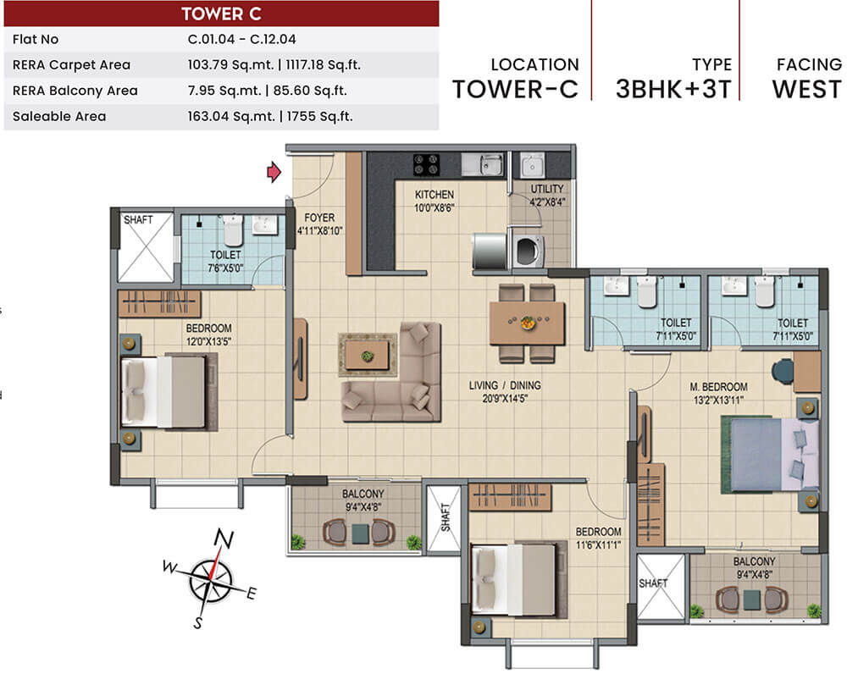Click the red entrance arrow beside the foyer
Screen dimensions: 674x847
(274, 173)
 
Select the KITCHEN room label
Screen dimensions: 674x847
(434, 195)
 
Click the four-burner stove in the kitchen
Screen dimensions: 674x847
(426, 163)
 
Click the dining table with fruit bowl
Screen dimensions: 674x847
(527, 323)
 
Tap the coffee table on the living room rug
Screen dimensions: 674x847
(368, 355)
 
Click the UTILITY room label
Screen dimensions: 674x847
(547, 189)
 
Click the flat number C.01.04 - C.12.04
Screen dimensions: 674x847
(241, 39)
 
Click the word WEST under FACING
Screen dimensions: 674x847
(806, 90)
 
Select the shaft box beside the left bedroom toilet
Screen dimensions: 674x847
(145, 246)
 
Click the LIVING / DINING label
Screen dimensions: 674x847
(505, 385)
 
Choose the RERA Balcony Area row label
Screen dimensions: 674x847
(75, 91)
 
